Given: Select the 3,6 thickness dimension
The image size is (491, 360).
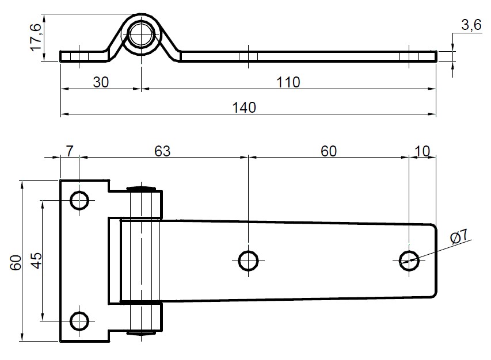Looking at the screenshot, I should (471, 25).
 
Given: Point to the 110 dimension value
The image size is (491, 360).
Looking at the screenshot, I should (287, 82).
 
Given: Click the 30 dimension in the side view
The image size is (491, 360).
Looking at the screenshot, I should (101, 82).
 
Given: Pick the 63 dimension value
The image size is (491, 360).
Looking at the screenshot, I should (163, 151).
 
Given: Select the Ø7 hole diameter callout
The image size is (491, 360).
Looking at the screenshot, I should (460, 235).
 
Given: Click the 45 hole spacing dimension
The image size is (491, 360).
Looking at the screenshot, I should (35, 261).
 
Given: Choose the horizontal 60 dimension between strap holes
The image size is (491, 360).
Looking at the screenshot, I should (328, 151).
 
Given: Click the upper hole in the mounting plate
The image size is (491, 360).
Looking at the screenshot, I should (79, 200).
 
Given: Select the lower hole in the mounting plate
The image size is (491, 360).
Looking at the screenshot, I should (79, 320).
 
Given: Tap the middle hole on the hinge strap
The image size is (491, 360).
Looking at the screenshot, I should (248, 260).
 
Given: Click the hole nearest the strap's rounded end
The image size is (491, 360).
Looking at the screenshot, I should (409, 260).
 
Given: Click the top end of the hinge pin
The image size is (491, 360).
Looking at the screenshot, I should (142, 187).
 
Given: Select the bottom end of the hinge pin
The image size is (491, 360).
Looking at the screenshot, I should (142, 332).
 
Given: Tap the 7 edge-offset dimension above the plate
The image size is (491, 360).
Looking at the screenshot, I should (69, 151).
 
